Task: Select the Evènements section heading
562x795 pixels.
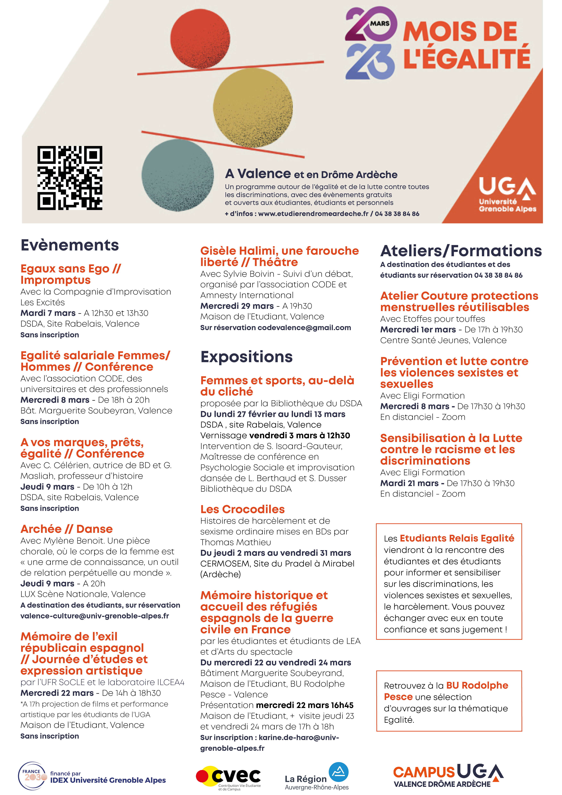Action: click(70, 245)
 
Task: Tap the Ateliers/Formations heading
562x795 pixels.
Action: click(461, 251)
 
